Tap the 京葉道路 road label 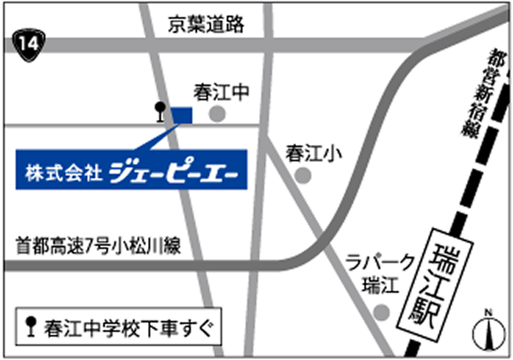click(206, 24)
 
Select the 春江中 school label click(221, 92)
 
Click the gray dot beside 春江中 click(217, 115)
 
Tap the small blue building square click(181, 115)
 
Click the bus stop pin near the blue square click(160, 113)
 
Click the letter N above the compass click(487, 315)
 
